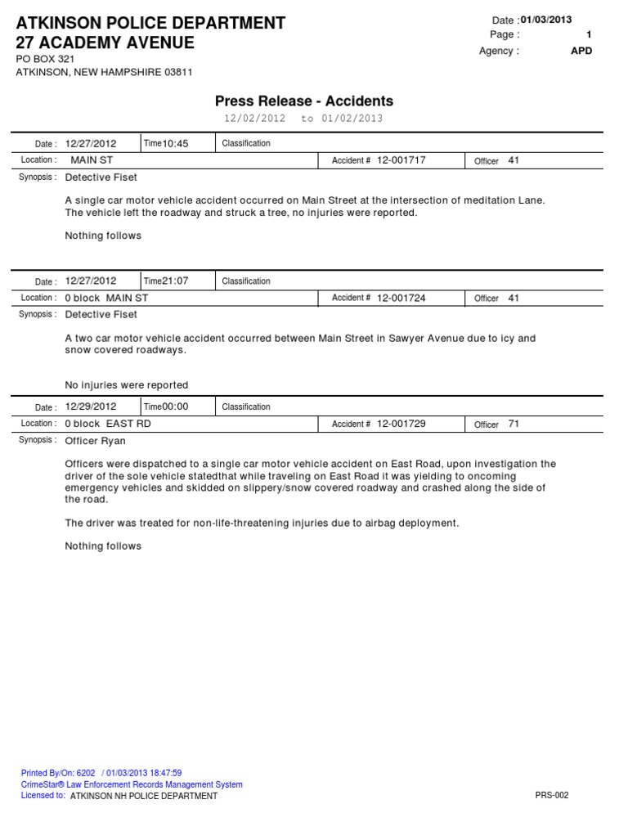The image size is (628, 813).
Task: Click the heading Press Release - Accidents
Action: [303, 101]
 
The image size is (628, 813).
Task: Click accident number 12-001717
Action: [401, 160]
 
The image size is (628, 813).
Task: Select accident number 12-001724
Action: [401, 298]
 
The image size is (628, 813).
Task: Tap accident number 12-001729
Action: [401, 424]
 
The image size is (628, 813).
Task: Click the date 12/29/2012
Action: [91, 406]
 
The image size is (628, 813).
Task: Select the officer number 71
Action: [514, 424]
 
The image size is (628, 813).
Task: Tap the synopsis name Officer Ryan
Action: [95, 441]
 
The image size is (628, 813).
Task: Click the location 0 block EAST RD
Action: [108, 424]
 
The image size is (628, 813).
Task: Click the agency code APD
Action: [581, 51]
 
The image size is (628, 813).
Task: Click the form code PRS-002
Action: [551, 795]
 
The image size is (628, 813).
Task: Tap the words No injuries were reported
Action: [126, 385]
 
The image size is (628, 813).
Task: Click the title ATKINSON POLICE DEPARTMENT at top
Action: [150, 23]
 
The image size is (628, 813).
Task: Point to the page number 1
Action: [589, 34]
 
